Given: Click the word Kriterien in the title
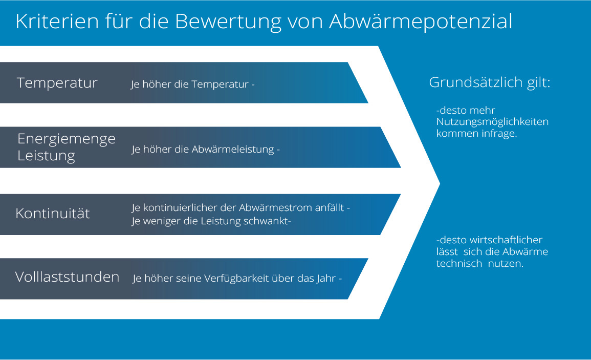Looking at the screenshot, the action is (x=57, y=21).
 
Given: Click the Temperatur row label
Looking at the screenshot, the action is (x=57, y=83).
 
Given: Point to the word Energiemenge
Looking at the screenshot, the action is (x=67, y=139).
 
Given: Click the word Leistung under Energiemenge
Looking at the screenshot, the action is (x=46, y=156).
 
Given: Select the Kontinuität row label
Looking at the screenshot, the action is (x=53, y=214).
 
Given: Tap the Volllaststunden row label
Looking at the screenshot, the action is (x=67, y=277).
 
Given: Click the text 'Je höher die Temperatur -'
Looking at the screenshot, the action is (x=192, y=84).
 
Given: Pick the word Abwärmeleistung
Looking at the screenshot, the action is (x=232, y=150).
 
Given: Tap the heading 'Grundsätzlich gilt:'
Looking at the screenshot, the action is (x=490, y=82).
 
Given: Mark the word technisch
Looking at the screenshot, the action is (x=459, y=263).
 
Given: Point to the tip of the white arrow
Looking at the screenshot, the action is (x=440, y=183).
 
